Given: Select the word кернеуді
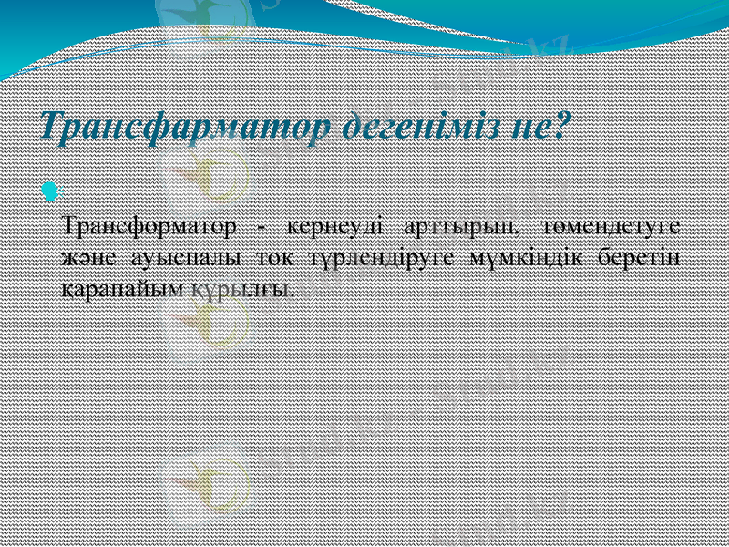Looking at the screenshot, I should tap(331, 224).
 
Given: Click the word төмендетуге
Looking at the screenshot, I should tap(612, 224).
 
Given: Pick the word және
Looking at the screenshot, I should tap(85, 256).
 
